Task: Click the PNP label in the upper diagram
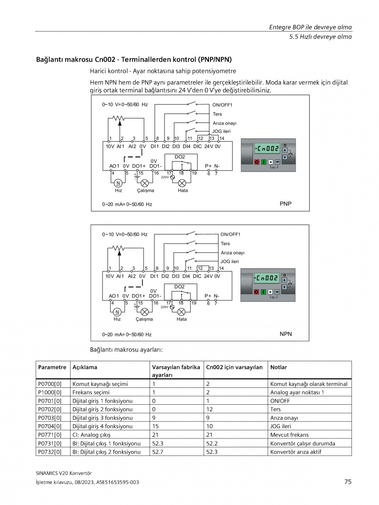click(x=285, y=204)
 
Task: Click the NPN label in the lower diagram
click(x=286, y=334)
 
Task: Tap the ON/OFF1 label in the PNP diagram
click(x=222, y=105)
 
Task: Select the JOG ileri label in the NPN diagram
click(x=229, y=261)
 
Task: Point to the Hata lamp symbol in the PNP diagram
click(x=182, y=183)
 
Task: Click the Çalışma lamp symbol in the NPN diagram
click(x=145, y=312)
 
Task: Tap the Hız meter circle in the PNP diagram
click(x=118, y=183)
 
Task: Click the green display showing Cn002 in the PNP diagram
click(x=267, y=149)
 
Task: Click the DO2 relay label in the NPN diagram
click(x=179, y=287)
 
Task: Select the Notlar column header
click(x=279, y=367)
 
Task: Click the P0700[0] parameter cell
click(x=50, y=384)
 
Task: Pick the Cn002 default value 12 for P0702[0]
click(x=209, y=409)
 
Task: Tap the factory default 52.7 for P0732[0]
click(x=158, y=452)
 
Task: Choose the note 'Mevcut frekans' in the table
click(x=289, y=435)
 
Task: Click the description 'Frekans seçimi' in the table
click(x=91, y=392)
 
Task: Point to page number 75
click(x=348, y=482)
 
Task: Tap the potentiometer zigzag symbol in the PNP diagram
click(x=119, y=118)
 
